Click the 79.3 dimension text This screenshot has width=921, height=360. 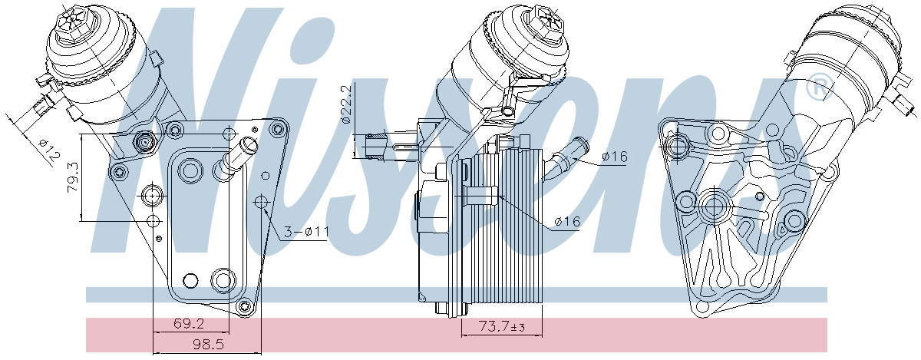click(73, 177)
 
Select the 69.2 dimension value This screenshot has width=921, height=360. click(189, 324)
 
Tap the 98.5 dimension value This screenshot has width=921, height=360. click(209, 344)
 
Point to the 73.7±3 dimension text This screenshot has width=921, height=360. click(502, 327)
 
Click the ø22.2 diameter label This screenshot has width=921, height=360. click(347, 104)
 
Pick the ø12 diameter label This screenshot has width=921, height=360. click(48, 149)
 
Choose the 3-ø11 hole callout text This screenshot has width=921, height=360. click(307, 232)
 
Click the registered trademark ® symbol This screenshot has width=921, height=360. click(819, 87)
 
